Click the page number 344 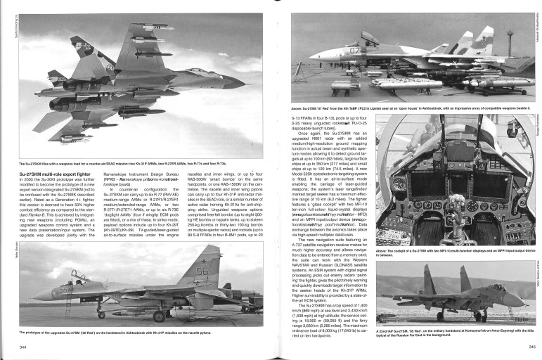[23, 347]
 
